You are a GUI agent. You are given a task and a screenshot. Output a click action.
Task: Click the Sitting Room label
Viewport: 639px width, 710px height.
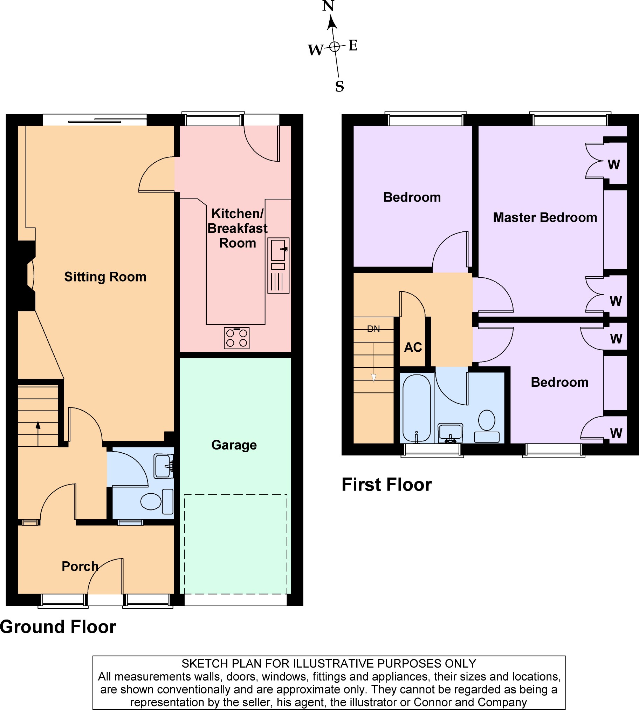105,277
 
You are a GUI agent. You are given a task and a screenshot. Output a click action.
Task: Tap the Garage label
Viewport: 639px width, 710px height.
234,445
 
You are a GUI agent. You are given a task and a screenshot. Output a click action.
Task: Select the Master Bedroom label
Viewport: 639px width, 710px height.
545,217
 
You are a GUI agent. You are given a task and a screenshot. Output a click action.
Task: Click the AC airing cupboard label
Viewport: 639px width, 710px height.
413,347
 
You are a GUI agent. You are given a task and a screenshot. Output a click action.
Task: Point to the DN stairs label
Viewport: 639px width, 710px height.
373,329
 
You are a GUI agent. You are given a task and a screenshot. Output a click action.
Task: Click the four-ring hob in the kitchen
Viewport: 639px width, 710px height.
236,338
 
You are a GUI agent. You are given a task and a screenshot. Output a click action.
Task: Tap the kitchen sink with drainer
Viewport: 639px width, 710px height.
279,265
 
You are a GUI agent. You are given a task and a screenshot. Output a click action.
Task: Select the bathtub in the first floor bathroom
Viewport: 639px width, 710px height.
417,408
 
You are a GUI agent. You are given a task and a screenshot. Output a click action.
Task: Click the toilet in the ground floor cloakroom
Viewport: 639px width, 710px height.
157,501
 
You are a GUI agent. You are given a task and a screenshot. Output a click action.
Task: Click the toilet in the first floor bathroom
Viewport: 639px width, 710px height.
487,426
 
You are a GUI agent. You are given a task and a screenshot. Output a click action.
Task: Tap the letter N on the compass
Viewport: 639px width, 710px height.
328,6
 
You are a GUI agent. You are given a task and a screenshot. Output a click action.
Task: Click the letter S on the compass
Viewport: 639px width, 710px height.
339,86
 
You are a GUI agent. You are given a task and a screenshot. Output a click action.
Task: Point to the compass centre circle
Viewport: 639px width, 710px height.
335,46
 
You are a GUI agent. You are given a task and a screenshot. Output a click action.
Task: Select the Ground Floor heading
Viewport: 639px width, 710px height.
58,627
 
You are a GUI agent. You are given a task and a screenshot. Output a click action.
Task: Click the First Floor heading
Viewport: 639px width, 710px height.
386,485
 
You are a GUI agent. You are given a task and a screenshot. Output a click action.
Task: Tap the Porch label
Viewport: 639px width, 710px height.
80,566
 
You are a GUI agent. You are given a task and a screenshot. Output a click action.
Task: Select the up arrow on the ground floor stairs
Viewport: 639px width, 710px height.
38,434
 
